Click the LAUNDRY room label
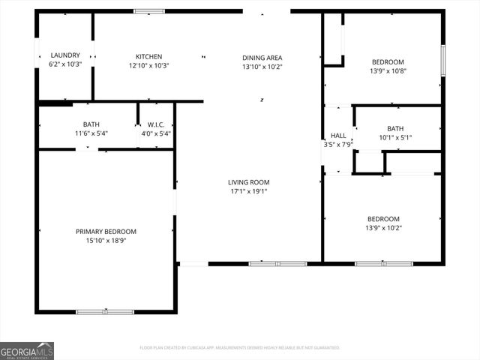click(x=64, y=55)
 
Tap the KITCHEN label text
click(x=148, y=57)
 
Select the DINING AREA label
click(x=262, y=58)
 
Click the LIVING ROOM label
click(x=249, y=182)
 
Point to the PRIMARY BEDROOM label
click(x=106, y=232)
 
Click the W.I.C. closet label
click(x=156, y=124)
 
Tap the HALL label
click(x=338, y=136)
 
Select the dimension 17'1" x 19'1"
click(x=249, y=191)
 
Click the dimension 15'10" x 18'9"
click(x=106, y=241)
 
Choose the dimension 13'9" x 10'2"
click(x=383, y=228)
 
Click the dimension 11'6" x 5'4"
click(x=91, y=133)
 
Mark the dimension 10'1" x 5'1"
click(x=394, y=137)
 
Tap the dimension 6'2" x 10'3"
click(x=64, y=65)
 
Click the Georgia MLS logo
click(x=27, y=350)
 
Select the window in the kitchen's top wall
click(x=148, y=11)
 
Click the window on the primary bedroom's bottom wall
click(x=105, y=311)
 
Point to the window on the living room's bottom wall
click(x=277, y=264)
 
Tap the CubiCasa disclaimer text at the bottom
click(x=240, y=348)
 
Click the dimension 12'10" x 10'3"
click(x=148, y=66)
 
